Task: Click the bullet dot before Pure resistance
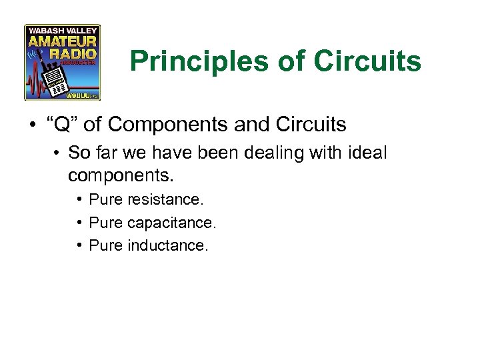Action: tap(79, 199)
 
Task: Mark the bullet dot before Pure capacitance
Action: tap(79, 222)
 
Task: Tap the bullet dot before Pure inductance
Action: tap(79, 245)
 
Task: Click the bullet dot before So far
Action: tap(59, 153)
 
